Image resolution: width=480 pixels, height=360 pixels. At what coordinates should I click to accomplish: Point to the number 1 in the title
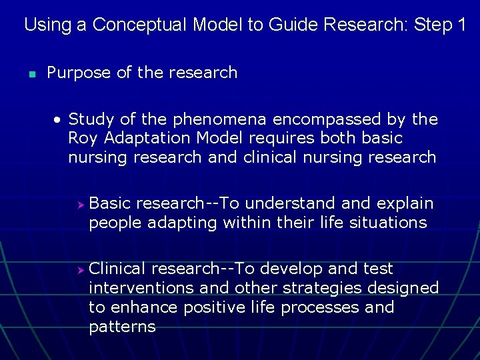tap(461, 25)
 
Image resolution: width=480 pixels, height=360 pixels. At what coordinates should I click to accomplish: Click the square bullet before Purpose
tap(31, 73)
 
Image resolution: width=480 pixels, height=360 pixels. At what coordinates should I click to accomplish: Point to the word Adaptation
tap(147, 138)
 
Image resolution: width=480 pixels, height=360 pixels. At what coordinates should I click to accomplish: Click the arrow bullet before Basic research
tap(79, 203)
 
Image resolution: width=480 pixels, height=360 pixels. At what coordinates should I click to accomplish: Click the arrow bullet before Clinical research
tap(79, 269)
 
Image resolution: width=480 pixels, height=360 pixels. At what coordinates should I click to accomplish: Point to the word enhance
tap(139, 307)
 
